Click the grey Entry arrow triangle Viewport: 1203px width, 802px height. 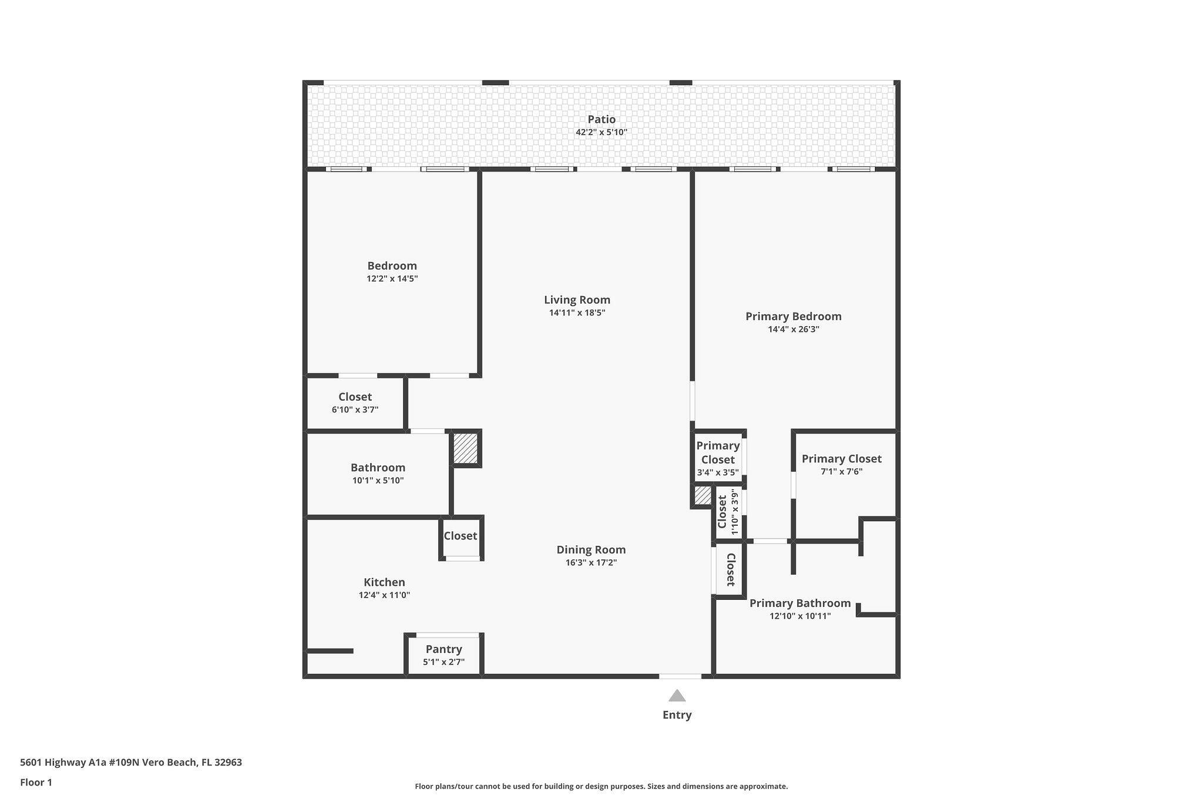(677, 696)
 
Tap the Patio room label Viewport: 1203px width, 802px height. (601, 120)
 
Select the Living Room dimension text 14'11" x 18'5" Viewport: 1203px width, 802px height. (577, 313)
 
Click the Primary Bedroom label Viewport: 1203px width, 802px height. (793, 317)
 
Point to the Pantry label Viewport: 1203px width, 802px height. (443, 649)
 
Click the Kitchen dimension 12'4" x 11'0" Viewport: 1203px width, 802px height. (384, 595)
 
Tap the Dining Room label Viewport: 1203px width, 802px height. (591, 550)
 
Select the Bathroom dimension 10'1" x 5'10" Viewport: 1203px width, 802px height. (378, 481)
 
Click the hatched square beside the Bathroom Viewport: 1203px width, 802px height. (465, 448)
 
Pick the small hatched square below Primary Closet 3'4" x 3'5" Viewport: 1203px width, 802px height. (703, 495)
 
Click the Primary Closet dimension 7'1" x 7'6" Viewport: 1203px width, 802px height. (841, 472)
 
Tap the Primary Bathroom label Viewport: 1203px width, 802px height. (800, 603)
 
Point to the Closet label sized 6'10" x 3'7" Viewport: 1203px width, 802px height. (355, 397)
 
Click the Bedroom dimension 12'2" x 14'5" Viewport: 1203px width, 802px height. (392, 279)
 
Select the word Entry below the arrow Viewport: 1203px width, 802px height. (677, 715)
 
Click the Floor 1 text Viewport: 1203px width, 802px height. (36, 783)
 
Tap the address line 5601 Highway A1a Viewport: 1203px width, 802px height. (130, 763)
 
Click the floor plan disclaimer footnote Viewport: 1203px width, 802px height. (601, 786)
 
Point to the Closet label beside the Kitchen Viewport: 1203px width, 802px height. (460, 536)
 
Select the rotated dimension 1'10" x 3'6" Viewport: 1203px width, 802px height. (734, 512)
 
